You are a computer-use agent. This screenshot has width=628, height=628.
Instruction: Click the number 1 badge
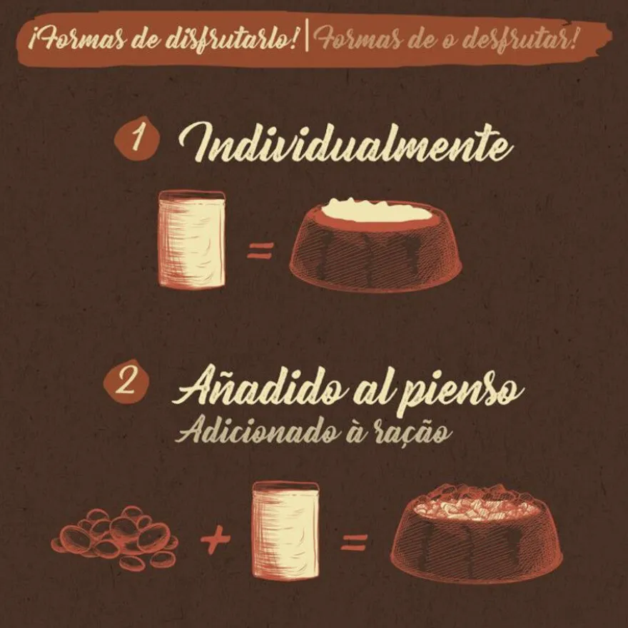click(x=137, y=138)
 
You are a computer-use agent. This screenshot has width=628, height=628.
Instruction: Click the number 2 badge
click(x=126, y=383)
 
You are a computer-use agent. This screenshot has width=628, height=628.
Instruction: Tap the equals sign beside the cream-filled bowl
click(x=260, y=250)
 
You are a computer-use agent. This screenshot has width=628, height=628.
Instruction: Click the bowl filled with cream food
click(x=375, y=245)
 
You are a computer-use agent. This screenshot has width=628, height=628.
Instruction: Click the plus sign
click(x=216, y=539)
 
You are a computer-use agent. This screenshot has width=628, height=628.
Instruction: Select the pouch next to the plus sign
click(x=286, y=530)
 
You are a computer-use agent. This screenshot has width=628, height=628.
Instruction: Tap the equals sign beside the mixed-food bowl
click(x=354, y=542)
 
